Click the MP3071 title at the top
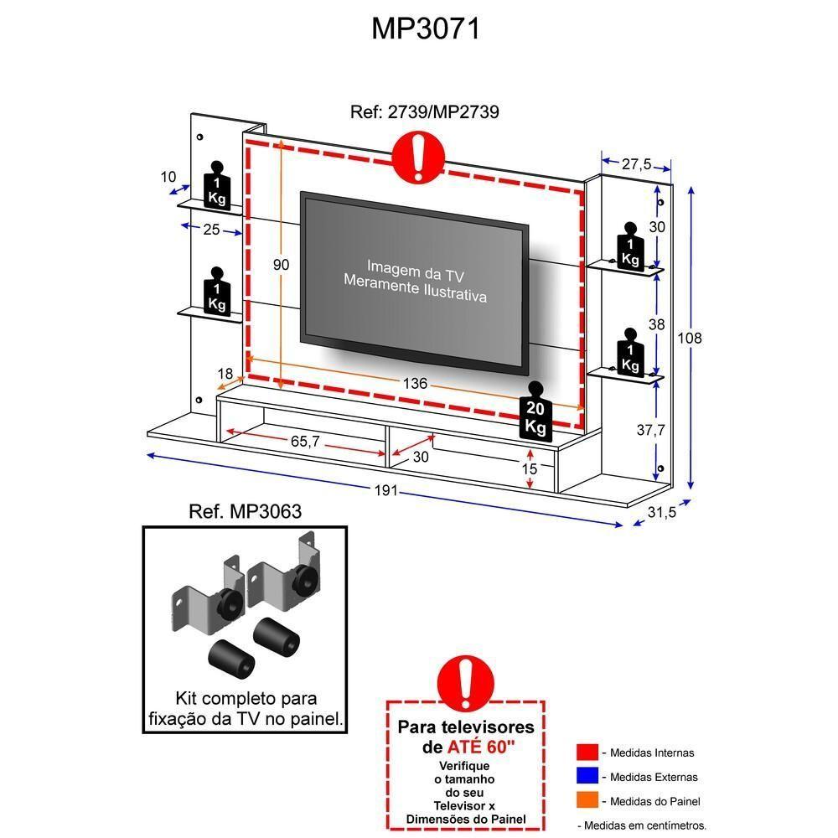426,28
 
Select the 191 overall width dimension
385,491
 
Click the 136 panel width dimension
414,384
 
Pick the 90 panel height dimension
281,265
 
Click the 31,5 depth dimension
661,513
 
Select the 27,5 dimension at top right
636,165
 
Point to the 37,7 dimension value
650,430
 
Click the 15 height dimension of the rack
529,469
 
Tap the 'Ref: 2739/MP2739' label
425,111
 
